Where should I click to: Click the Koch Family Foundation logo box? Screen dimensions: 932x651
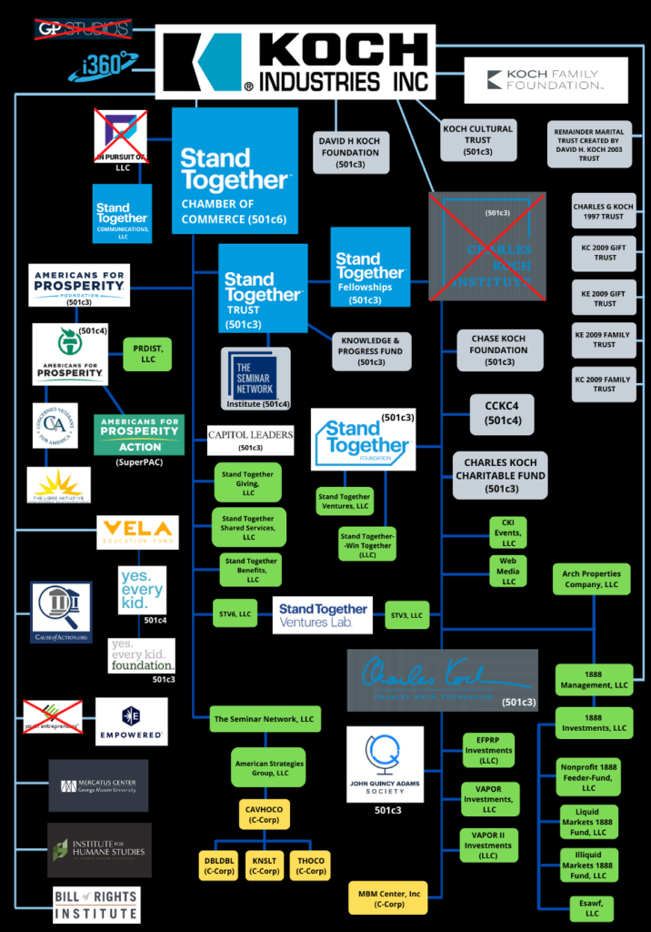(x=546, y=80)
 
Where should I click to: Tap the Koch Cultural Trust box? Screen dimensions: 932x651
(x=477, y=140)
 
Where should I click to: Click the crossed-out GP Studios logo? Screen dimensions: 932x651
(x=82, y=29)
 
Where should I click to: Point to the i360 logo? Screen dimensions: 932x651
(x=102, y=66)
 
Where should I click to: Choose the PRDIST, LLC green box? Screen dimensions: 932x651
(x=147, y=353)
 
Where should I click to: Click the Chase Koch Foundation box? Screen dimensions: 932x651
(x=498, y=349)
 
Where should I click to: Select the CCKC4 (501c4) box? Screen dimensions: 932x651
(x=502, y=413)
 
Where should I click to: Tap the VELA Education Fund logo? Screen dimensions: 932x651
(x=137, y=532)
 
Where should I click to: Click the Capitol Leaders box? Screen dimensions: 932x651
(x=250, y=440)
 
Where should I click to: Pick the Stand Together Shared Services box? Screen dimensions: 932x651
(x=247, y=526)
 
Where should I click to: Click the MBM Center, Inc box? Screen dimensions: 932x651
(x=389, y=899)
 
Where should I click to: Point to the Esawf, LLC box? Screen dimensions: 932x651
(x=592, y=907)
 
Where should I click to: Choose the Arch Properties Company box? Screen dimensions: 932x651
(x=591, y=579)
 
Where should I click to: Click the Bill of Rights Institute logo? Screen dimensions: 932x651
(x=95, y=904)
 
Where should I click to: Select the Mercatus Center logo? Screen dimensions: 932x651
(x=98, y=785)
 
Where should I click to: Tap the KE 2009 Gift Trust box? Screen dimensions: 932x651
(x=603, y=299)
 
